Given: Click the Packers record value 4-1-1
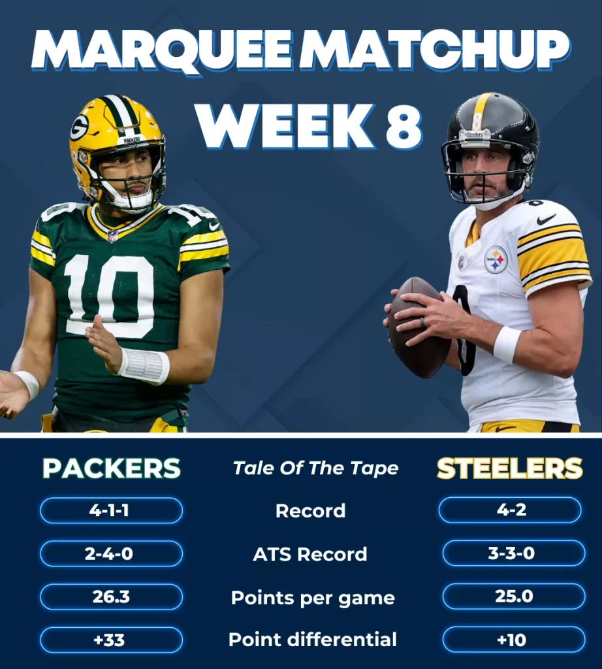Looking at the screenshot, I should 110,510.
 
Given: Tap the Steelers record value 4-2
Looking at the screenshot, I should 510,510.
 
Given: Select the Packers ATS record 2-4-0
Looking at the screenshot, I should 110,553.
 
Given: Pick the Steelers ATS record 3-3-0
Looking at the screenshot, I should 513,553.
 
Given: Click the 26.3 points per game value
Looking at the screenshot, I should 110,597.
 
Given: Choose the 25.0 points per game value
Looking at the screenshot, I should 513,597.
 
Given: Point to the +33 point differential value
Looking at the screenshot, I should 110,640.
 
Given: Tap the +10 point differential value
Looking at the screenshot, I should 513,640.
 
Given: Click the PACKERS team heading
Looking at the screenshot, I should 111,468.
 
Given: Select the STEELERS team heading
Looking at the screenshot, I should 509,468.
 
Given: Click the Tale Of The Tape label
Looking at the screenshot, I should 315,468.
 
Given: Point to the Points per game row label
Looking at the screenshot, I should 313,598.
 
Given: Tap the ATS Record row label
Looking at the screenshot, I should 310,554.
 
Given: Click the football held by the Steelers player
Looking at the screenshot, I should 417,327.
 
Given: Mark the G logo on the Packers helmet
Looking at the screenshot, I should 80,127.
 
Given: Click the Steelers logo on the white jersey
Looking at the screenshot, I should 496,259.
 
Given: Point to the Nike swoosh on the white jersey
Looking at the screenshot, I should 547,220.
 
